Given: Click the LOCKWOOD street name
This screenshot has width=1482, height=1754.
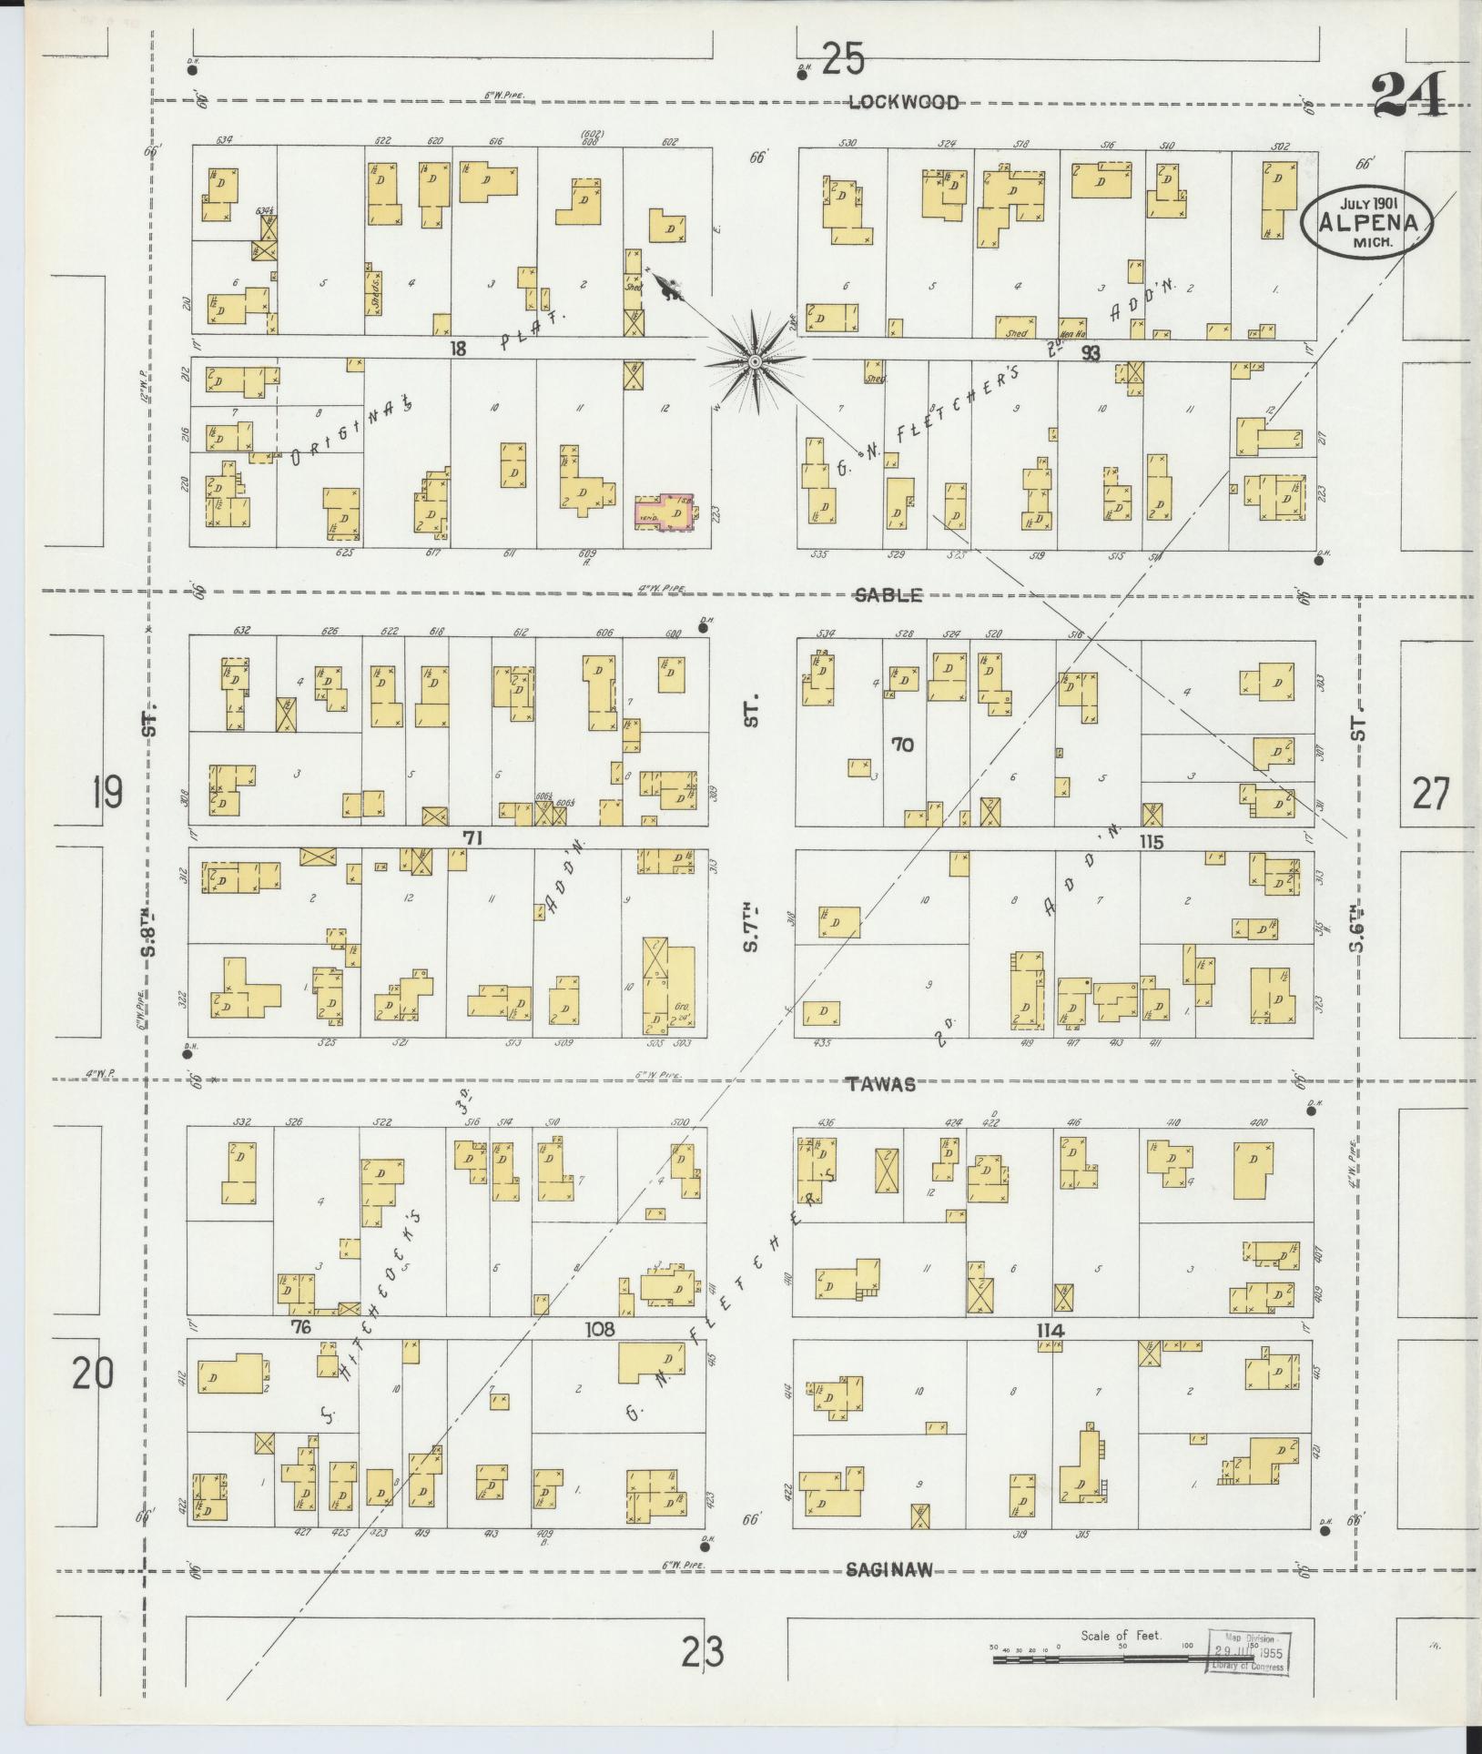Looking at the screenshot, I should click(903, 102).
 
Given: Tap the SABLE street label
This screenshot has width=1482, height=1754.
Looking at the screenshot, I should click(888, 595).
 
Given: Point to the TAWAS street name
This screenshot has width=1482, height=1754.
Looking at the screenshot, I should click(879, 1084).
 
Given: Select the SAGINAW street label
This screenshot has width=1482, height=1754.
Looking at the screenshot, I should click(888, 1569).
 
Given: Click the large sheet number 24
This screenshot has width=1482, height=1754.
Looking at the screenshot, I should click(1409, 96).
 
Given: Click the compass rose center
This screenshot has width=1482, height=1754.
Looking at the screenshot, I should click(755, 362).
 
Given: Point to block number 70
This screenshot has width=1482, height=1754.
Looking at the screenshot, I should click(902, 745).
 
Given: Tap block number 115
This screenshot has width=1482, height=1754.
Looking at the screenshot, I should click(1151, 842).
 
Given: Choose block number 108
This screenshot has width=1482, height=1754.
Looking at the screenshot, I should click(600, 1330).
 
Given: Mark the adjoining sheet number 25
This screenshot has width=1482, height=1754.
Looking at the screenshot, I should click(841, 61).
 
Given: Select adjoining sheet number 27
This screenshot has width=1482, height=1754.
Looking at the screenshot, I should click(1430, 794).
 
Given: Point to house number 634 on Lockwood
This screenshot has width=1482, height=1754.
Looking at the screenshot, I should click(224, 140).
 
